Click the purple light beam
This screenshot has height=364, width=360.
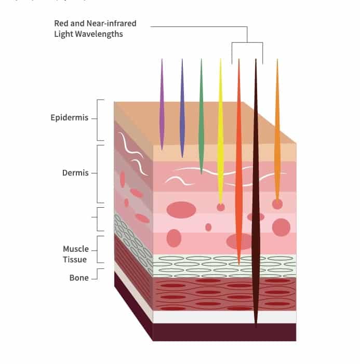(162, 104)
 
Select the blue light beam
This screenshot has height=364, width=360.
(182, 108)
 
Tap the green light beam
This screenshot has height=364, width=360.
(202, 116)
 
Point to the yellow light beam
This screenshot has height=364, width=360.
(220, 130)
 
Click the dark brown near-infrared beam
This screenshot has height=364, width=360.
(256, 193)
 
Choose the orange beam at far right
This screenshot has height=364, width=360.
(277, 130)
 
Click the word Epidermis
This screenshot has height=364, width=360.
(70, 118)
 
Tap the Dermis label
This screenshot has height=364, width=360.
(75, 173)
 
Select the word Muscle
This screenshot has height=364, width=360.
(76, 249)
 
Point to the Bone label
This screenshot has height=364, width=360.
(79, 278)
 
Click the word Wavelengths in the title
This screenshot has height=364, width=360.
(99, 34)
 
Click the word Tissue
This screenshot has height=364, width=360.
(75, 259)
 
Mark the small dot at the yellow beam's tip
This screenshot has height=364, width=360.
(221, 207)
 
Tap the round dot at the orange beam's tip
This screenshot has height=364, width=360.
(277, 204)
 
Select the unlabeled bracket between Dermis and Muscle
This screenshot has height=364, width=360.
(97, 219)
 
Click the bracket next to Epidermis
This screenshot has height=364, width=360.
(97, 120)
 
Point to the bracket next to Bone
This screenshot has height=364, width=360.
(97, 274)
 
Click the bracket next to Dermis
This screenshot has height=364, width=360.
(97, 174)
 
